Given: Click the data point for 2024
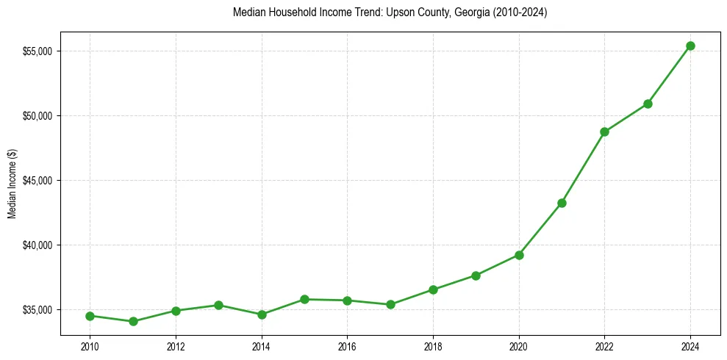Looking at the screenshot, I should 690,46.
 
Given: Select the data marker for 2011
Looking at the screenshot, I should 133,321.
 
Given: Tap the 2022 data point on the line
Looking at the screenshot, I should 604,132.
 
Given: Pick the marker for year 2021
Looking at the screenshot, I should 562,203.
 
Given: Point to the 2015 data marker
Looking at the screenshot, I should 304,299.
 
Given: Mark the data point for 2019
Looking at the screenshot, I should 476,276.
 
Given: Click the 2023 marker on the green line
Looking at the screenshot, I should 648,104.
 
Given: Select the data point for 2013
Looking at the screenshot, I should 218,305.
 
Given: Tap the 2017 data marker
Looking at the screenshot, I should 390,304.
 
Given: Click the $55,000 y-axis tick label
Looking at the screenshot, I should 37,51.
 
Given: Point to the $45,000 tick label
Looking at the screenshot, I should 37,181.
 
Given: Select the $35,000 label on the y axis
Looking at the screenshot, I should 37,310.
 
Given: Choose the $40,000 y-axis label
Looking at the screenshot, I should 37,245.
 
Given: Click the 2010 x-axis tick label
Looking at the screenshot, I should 90,347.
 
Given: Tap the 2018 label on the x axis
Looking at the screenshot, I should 433,347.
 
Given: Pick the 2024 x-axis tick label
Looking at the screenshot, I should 690,347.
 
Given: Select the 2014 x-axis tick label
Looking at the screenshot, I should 262,347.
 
